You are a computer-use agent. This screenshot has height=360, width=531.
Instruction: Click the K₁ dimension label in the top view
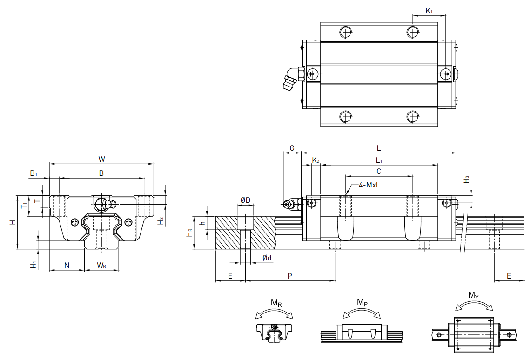coord(429,11)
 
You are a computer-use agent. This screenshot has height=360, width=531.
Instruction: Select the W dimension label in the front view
coord(101,159)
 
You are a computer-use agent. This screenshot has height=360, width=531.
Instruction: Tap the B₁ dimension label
coord(34,173)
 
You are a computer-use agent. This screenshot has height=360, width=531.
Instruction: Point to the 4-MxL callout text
coord(370,185)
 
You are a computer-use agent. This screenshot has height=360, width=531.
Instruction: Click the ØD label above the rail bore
coord(245,200)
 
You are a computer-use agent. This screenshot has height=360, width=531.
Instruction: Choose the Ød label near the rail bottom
coord(267,258)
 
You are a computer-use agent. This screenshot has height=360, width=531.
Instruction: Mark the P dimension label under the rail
coord(289,276)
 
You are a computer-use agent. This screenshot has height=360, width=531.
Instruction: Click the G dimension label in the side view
coord(292,148)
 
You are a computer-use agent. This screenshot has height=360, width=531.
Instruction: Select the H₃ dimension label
coord(467,179)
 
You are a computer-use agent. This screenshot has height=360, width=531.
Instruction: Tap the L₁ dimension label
coord(379,160)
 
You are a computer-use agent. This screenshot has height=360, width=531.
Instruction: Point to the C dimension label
coord(379,171)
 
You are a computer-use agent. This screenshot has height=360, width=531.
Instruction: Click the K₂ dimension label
coord(316,160)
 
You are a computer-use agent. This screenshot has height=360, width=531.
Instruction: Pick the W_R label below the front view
coord(101,266)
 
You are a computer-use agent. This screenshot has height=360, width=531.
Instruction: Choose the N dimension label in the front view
coord(67,265)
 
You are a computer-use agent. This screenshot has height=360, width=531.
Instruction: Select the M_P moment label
coord(362,302)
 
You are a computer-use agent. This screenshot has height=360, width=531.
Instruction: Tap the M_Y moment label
coord(473,295)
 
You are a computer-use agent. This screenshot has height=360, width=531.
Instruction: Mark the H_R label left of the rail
coord(189,233)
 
